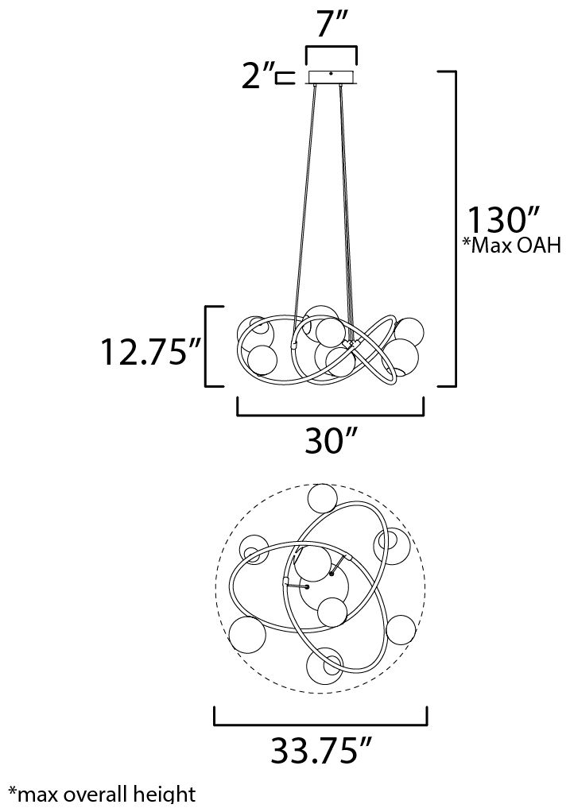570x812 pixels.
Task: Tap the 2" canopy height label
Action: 258,78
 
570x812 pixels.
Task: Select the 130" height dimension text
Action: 503,218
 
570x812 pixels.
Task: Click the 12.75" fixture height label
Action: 148,350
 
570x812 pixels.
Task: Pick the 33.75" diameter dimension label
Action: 320,750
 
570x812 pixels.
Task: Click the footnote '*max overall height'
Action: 101,794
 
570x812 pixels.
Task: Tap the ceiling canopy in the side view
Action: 331,77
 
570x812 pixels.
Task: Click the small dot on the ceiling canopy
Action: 331,74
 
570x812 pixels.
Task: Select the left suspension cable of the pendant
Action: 306,199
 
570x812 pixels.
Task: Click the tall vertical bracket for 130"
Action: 453,228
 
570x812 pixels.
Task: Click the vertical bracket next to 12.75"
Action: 208,346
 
